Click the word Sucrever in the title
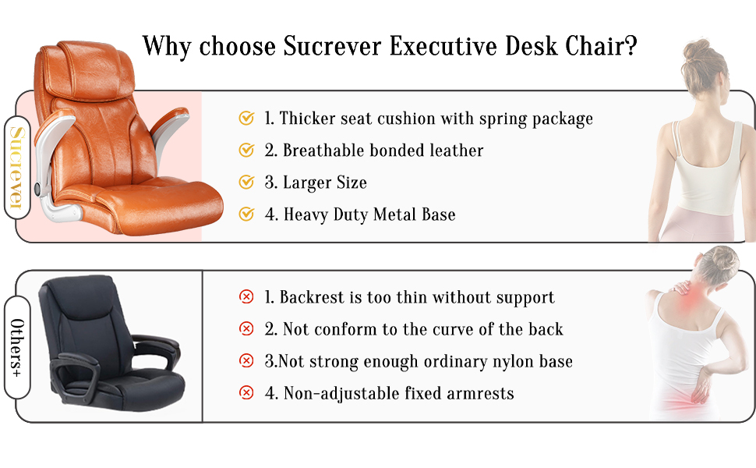[332, 46]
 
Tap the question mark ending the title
[631, 46]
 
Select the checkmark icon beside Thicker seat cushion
[246, 119]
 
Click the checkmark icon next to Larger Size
[246, 182]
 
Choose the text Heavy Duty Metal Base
[369, 214]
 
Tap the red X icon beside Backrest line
[246, 296]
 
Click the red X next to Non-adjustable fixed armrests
[246, 393]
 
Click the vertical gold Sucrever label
[17, 167]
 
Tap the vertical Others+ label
[17, 347]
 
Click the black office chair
[111, 343]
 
